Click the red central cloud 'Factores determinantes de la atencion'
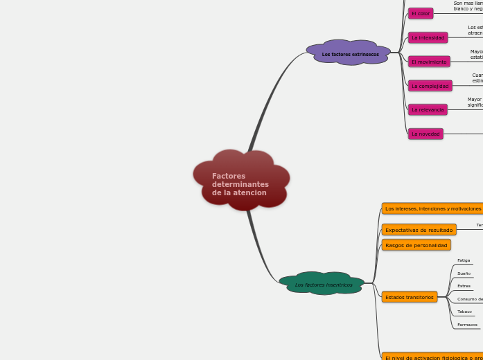241,181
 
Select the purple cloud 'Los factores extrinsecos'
350,53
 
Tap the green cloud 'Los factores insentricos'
323,284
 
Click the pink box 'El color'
421,14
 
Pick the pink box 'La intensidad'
428,37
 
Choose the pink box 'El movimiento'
429,62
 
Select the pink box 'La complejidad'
430,86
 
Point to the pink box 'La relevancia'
428,109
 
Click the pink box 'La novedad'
425,134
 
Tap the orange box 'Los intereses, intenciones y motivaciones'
432,208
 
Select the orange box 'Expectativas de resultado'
419,230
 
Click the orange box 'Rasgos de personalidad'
416,245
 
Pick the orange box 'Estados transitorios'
410,297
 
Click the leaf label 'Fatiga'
464,260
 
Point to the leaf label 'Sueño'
464,273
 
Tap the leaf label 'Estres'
464,286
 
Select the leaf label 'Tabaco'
464,312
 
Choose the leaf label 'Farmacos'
467,325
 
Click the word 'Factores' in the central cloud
229,177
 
